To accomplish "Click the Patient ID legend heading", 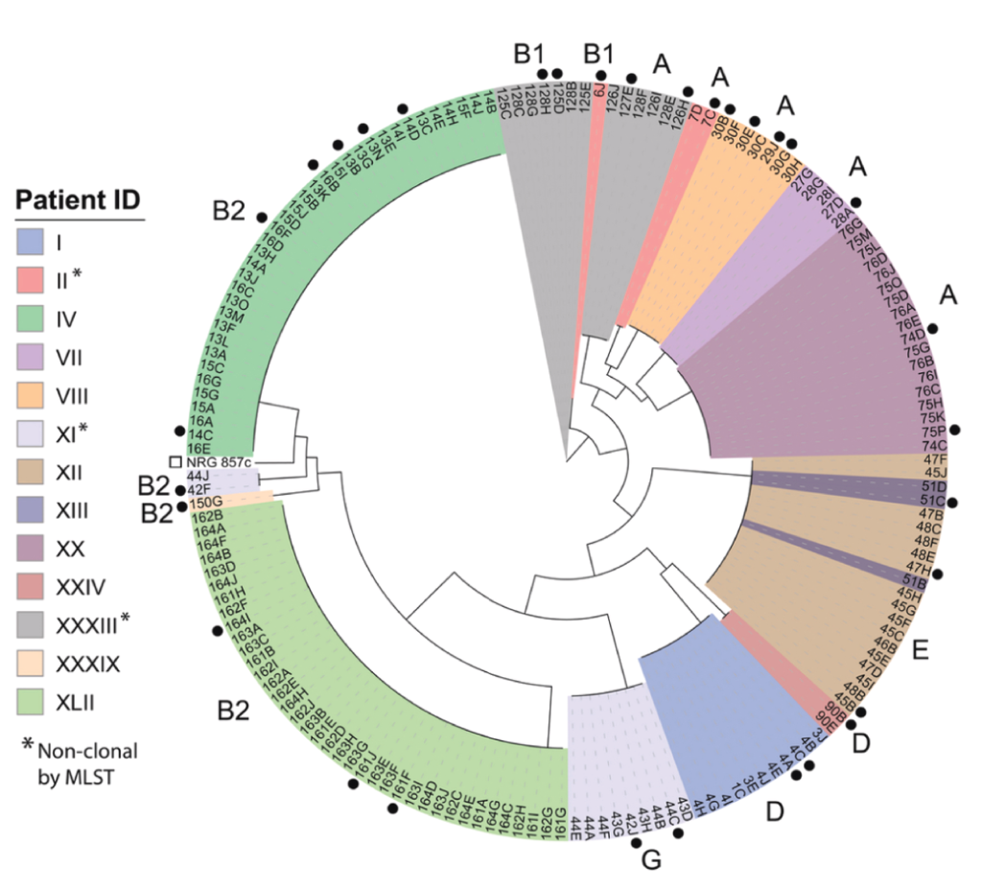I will pyautogui.click(x=78, y=200).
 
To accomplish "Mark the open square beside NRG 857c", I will pyautogui.click(x=175, y=462).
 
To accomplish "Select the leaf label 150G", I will pyautogui.click(x=208, y=503).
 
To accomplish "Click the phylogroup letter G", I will pyautogui.click(x=651, y=861).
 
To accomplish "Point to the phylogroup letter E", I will pyautogui.click(x=921, y=651).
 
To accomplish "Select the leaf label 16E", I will pyautogui.click(x=199, y=448).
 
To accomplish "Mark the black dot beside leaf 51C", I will pyautogui.click(x=962, y=500).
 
